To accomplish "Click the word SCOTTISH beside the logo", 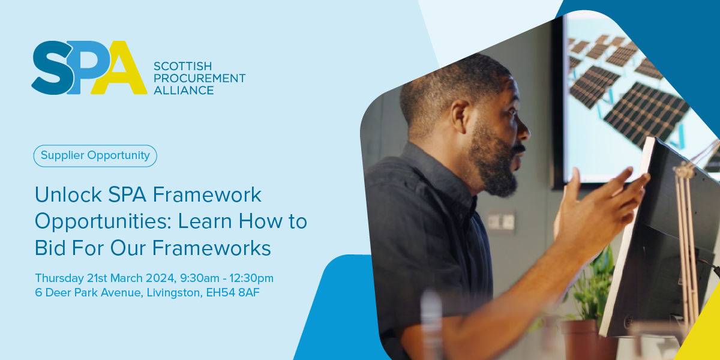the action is pos(182,66).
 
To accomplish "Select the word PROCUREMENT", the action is pos(199,79).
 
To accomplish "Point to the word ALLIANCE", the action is pos(184,91).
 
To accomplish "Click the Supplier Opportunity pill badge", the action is pos(95,156).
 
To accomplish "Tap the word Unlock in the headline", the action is pos(68,195).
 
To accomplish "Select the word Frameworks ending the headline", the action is pos(211,248).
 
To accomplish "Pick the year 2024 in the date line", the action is pos(161,278).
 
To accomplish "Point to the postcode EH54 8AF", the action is pos(233,293).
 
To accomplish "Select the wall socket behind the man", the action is pos(501,222).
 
